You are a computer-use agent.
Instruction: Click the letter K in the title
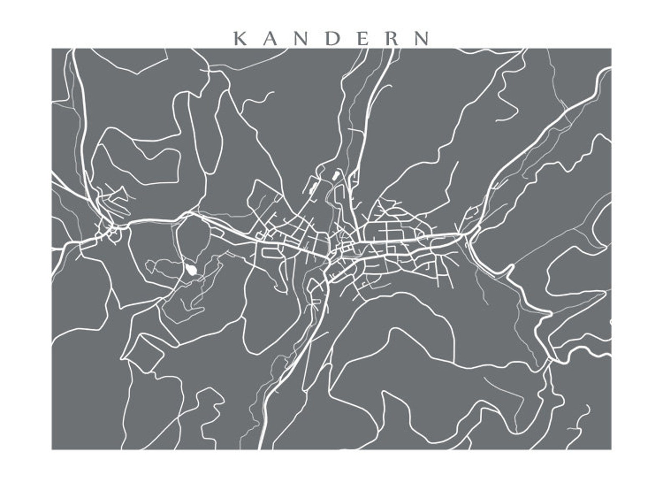240,38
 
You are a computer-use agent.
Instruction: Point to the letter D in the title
333,38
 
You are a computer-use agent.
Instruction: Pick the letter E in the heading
362,38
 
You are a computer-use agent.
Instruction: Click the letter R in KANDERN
392,38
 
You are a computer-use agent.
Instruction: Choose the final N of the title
423,38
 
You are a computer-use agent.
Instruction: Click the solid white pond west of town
192,269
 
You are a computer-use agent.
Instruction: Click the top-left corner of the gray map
52,48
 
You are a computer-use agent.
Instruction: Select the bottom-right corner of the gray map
611,450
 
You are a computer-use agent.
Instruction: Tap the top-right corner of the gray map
611,48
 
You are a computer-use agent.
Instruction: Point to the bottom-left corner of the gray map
52,450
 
